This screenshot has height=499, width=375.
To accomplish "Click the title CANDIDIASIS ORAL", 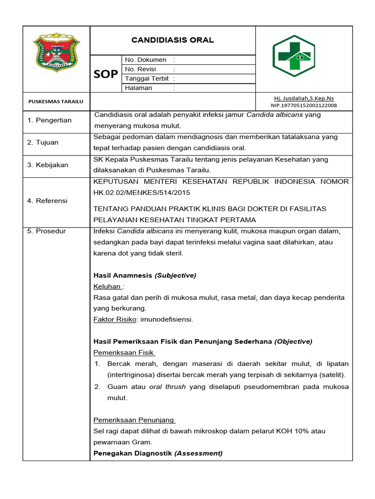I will tap(173, 40).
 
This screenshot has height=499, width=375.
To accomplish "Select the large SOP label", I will tap(105, 74).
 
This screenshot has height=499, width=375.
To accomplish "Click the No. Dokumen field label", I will tap(146, 59).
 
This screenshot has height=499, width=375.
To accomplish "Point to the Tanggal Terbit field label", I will tap(146, 78).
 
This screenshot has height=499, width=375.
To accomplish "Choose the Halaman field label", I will tap(139, 88).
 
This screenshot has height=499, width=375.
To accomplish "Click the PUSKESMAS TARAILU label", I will tap(56, 101).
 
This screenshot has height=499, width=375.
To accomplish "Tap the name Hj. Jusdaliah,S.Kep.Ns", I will tap(304, 98).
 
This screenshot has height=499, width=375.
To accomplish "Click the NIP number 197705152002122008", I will tap(304, 105).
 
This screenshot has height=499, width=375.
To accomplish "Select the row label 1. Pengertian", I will tap(49, 120).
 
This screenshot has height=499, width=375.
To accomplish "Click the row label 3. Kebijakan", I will tap(48, 165).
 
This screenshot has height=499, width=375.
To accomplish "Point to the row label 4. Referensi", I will tap(47, 200).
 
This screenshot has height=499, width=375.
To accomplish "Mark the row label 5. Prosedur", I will tap(46, 231).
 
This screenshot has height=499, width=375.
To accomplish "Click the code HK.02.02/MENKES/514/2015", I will tap(142, 192).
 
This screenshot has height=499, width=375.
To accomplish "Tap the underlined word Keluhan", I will tap(107, 287).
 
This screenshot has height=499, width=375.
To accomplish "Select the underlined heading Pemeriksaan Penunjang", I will tap(134, 420).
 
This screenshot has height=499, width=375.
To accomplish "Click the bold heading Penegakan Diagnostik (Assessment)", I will tap(158, 453).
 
